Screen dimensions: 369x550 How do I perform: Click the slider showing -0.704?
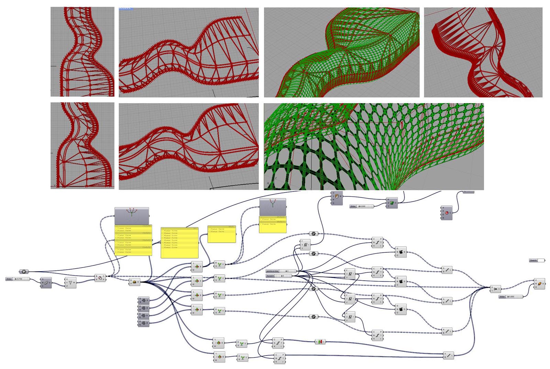point(18,279)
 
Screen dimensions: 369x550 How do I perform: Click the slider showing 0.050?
point(511,296)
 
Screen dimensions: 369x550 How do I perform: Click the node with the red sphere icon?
point(447,213)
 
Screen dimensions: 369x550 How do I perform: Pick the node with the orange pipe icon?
point(539,284)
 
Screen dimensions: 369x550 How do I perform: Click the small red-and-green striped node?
point(320,341)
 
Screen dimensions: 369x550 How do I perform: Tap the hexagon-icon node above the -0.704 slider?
point(23,272)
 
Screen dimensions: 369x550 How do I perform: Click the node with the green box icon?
point(392,203)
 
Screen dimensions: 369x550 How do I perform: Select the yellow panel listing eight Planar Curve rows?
point(179,243)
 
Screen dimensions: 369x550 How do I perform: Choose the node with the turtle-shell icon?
point(134,282)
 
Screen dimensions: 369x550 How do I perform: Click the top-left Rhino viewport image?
point(82,52)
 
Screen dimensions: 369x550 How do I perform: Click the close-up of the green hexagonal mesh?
point(374,146)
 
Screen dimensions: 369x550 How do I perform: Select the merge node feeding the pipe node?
point(495,289)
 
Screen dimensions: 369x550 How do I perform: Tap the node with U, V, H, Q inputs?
point(337,198)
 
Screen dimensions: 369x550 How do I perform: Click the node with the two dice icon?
point(46,283)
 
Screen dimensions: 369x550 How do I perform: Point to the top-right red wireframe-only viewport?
point(483,52)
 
